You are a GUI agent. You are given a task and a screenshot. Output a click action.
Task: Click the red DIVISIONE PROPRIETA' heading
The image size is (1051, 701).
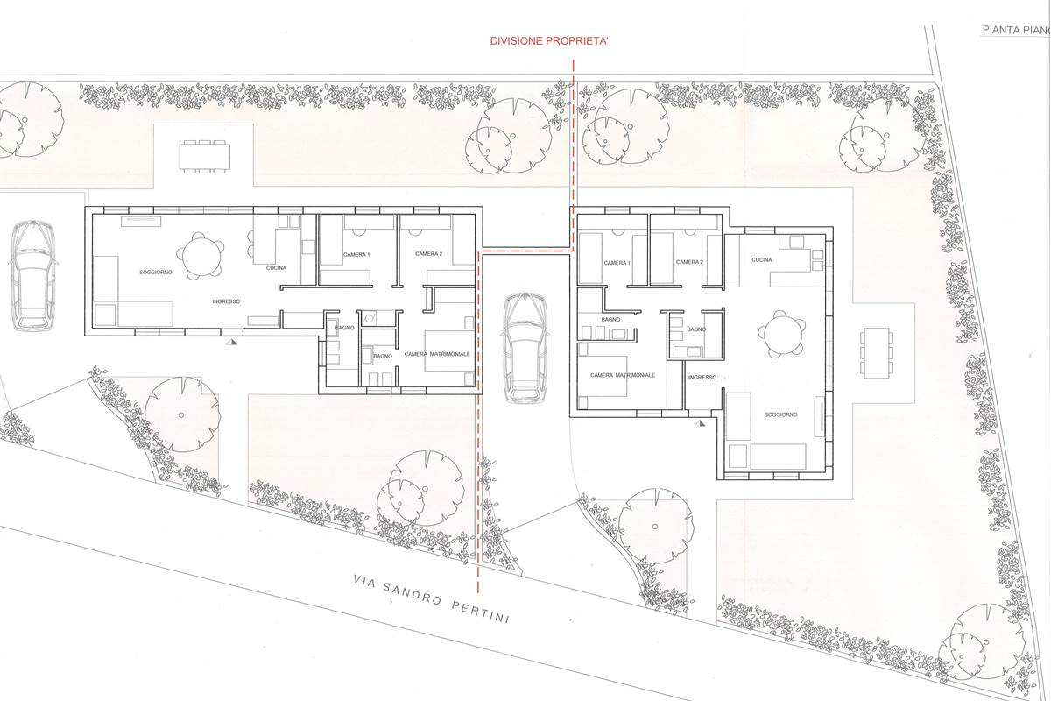(549, 41)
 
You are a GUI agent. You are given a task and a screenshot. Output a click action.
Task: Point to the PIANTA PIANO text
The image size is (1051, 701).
(1016, 30)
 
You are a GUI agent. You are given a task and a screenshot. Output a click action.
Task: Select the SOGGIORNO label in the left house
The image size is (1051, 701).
(156, 273)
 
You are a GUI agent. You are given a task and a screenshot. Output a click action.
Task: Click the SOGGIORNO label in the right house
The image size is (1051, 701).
(780, 414)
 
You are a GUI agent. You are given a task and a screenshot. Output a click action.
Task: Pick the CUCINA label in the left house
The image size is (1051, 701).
(276, 268)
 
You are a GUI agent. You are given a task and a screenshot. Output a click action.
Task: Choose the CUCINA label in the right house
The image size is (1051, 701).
(761, 259)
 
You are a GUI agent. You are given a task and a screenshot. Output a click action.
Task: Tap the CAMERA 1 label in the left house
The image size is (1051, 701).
(356, 254)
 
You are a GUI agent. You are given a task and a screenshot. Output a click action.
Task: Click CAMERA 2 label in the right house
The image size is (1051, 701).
(689, 262)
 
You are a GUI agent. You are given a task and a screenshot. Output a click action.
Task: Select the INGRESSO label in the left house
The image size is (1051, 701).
(226, 301)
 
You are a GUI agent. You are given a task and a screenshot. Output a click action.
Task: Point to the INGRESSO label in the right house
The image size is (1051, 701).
(702, 378)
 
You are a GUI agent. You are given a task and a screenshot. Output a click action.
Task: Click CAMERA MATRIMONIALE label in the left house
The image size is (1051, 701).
(437, 354)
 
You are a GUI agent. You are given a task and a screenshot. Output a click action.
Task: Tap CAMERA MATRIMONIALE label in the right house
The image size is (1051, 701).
(623, 375)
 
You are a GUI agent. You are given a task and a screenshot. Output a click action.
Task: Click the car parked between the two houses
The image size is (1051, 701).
(525, 348)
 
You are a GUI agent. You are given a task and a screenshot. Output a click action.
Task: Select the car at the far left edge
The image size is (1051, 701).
(33, 275)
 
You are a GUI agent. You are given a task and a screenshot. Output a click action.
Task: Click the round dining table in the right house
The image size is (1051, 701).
(781, 334)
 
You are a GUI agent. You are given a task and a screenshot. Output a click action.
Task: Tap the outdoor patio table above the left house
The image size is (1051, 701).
(205, 156)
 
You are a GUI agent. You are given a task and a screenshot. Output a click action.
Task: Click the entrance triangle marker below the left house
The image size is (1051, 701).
(231, 342)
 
